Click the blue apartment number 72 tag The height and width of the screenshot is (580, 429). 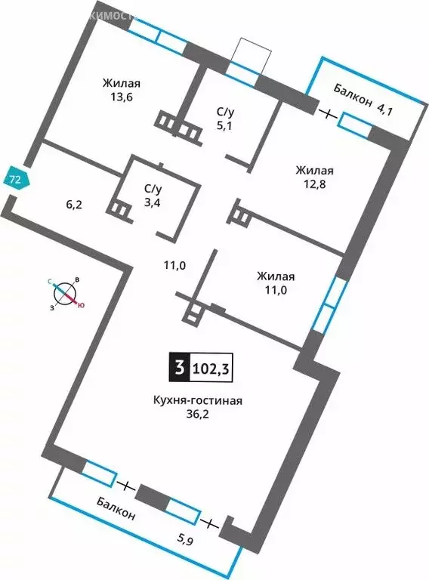(x=16, y=179)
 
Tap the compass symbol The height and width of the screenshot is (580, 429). (x=66, y=292)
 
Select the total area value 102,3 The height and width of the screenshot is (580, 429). (x=214, y=370)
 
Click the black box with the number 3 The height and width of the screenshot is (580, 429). (x=178, y=370)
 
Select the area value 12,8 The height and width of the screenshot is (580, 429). (x=315, y=185)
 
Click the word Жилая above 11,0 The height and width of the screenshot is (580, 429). (x=276, y=276)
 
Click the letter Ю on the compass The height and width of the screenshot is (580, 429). (x=82, y=305)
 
